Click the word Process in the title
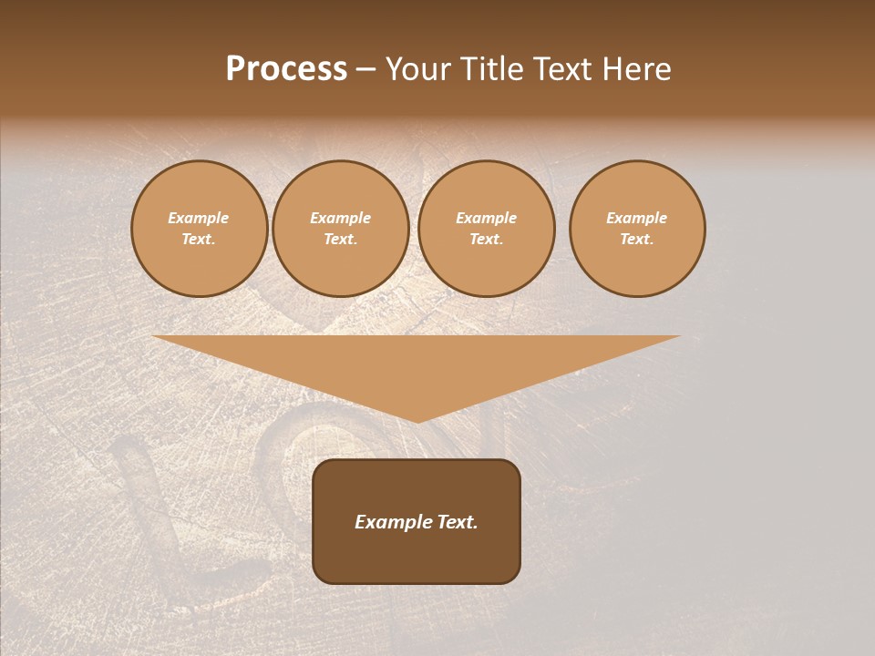[x=286, y=69]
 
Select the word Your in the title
[x=417, y=69]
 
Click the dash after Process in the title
[x=366, y=70]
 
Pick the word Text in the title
[x=564, y=69]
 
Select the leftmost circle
[x=200, y=229]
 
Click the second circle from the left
[x=341, y=229]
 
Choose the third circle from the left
[x=487, y=229]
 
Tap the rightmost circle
[x=637, y=229]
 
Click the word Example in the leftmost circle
[x=199, y=218]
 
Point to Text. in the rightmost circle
[x=637, y=240]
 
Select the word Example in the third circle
[x=487, y=218]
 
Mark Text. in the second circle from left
[x=341, y=240]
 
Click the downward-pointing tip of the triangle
[x=417, y=419]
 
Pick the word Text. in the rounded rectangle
[x=456, y=522]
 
